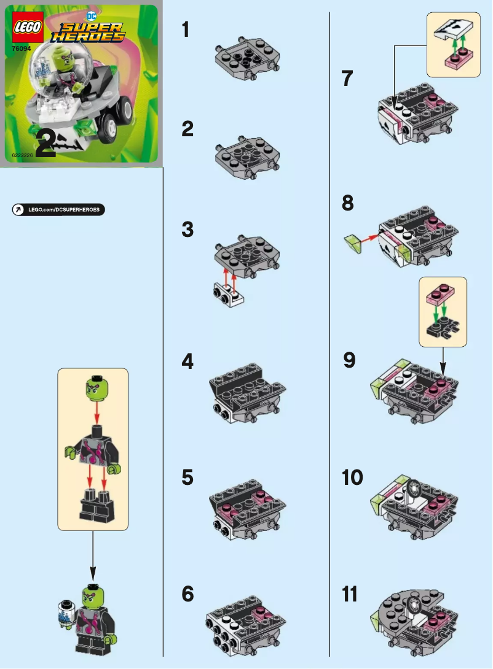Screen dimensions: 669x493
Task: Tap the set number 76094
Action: click(x=22, y=48)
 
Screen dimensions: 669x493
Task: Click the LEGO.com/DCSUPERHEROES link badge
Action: click(x=58, y=210)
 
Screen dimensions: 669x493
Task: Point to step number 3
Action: click(x=187, y=230)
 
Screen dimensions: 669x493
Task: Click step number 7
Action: click(x=347, y=79)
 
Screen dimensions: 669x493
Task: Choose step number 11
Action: click(x=350, y=595)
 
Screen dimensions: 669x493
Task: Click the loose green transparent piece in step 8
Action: click(x=354, y=244)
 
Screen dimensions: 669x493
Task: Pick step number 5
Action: click(x=187, y=478)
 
